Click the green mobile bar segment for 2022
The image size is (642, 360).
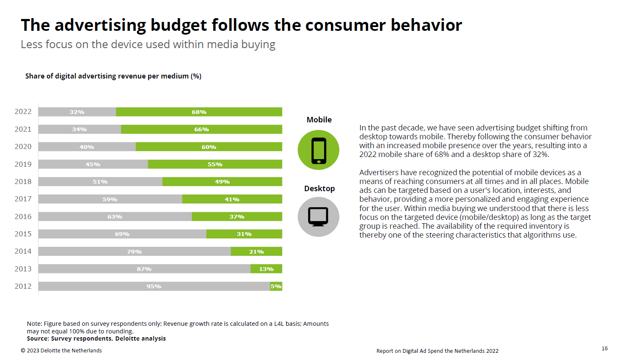click(199, 112)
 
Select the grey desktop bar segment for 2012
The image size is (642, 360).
click(154, 286)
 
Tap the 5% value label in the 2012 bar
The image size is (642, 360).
click(276, 286)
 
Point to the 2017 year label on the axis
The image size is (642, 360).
click(23, 199)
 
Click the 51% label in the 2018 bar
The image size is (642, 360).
click(100, 182)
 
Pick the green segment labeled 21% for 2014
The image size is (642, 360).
click(257, 252)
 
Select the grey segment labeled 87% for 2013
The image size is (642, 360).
click(144, 269)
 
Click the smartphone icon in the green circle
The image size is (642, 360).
click(319, 151)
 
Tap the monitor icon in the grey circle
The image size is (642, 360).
click(318, 217)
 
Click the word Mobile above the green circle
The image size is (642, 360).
click(319, 120)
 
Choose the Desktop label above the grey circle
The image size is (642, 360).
click(319, 189)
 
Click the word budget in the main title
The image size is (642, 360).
click(179, 26)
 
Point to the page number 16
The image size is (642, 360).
click(604, 349)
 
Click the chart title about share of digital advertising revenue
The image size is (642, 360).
click(113, 76)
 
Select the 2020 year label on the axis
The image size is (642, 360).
click(23, 146)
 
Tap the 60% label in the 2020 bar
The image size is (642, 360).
click(209, 147)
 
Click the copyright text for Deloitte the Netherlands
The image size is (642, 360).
click(61, 351)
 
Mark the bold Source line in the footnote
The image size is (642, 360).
click(96, 338)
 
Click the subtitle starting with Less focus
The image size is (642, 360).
click(148, 45)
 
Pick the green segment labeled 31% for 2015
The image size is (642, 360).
click(244, 234)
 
